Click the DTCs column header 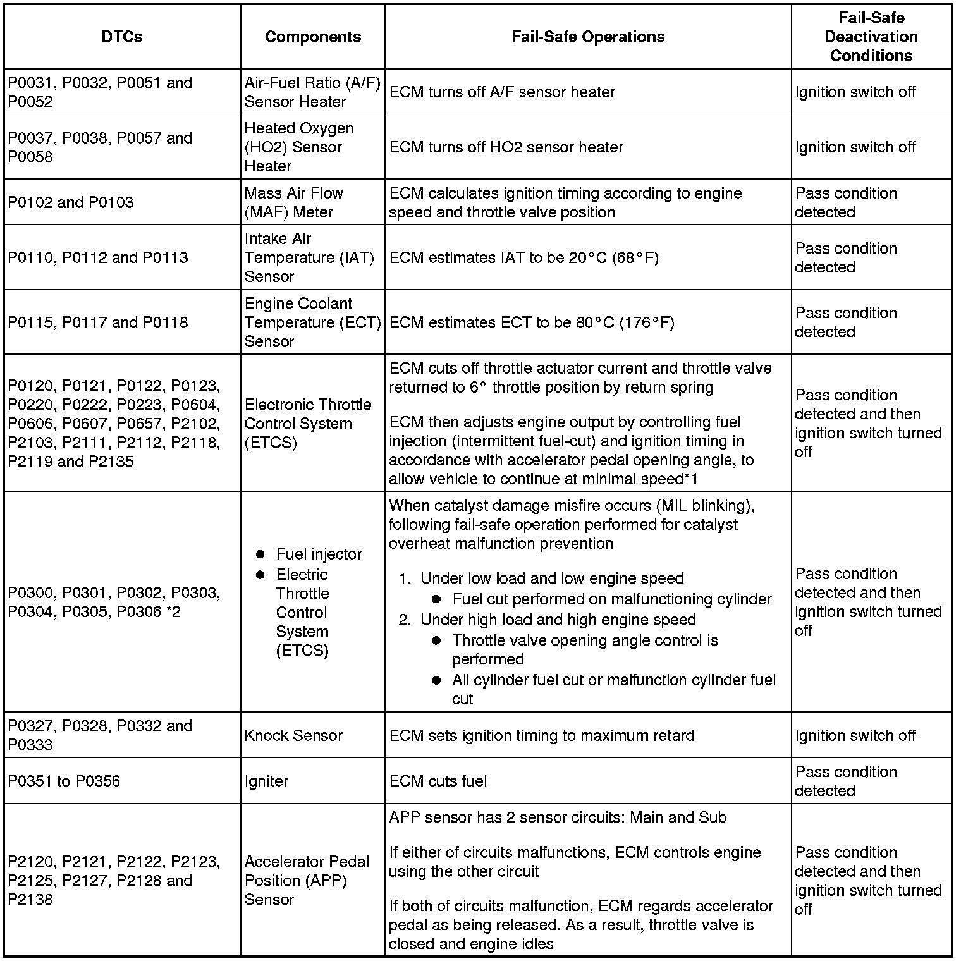[122, 37]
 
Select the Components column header [313, 37]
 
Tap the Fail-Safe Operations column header [588, 37]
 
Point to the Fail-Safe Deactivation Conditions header [871, 37]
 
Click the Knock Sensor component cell [293, 735]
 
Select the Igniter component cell [266, 781]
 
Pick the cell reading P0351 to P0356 [64, 781]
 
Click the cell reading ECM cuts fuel [438, 781]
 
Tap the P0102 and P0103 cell [71, 202]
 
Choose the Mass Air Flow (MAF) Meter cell [294, 202]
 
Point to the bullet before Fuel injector [260, 554]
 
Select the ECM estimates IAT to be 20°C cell [524, 258]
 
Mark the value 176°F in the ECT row [647, 323]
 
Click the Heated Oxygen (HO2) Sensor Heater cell [299, 147]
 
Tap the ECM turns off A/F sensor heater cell [502, 92]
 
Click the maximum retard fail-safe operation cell [542, 735]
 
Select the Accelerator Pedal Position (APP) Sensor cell [307, 880]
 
